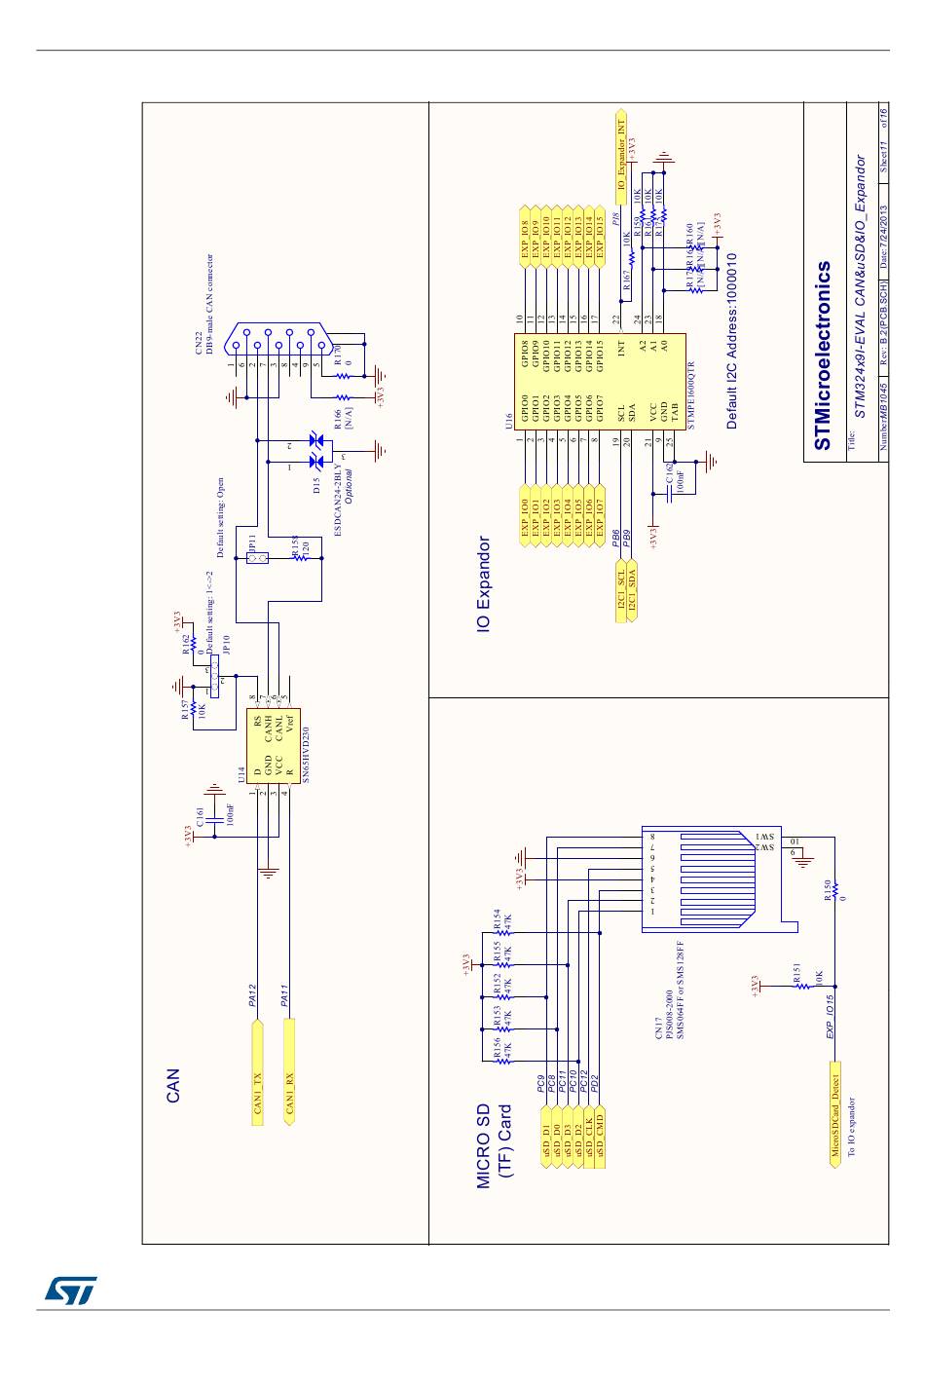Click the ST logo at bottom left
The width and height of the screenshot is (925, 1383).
(x=70, y=1290)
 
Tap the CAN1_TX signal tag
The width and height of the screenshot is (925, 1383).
(x=257, y=1072)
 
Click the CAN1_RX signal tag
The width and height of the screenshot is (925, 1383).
(x=288, y=1072)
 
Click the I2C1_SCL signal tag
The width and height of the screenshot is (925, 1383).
(x=621, y=587)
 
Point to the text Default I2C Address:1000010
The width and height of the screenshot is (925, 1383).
(x=731, y=341)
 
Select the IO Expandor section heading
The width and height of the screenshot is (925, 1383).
(x=484, y=585)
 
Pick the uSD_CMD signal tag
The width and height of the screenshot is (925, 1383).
(x=600, y=1133)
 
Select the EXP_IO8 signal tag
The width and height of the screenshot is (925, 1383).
(x=526, y=236)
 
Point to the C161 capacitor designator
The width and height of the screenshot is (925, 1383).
(x=201, y=817)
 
